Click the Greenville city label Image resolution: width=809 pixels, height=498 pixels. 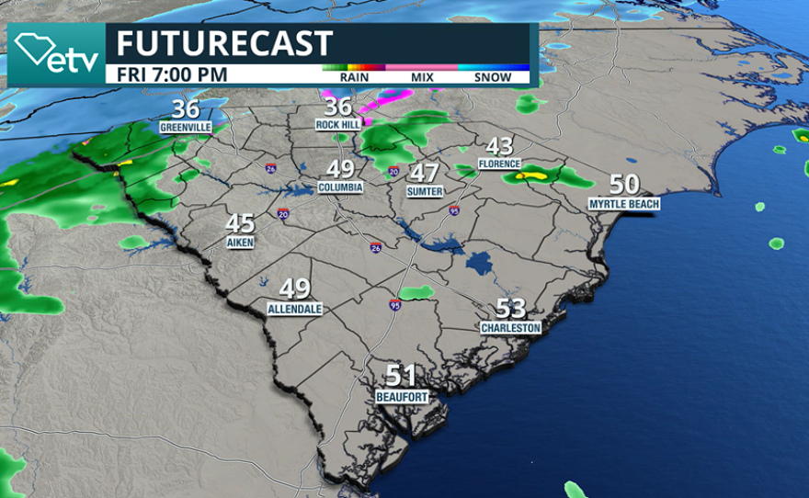pyautogui.click(x=186, y=127)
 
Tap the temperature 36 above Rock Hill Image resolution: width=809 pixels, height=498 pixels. pyautogui.click(x=339, y=108)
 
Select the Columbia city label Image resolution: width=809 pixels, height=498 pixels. pyautogui.click(x=340, y=187)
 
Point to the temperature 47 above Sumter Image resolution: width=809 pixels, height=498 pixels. pyautogui.click(x=425, y=173)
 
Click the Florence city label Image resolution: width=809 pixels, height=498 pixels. pyautogui.click(x=499, y=164)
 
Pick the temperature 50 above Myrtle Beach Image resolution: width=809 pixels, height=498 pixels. pyautogui.click(x=624, y=184)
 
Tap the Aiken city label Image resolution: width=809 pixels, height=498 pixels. pyautogui.click(x=240, y=242)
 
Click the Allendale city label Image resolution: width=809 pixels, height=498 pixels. pyautogui.click(x=295, y=309)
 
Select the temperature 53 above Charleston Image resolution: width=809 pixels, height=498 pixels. pyautogui.click(x=511, y=309)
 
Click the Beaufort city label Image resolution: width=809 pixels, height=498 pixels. pyautogui.click(x=401, y=396)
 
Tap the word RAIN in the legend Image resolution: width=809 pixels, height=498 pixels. pyautogui.click(x=354, y=78)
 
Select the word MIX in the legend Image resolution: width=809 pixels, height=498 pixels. pyautogui.click(x=421, y=78)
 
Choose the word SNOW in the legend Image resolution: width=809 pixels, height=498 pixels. pyautogui.click(x=493, y=78)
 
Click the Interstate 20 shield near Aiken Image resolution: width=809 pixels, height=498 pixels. pyautogui.click(x=279, y=214)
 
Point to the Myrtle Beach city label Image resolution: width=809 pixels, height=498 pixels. pyautogui.click(x=624, y=203)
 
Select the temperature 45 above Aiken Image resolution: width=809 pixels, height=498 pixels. pyautogui.click(x=240, y=223)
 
